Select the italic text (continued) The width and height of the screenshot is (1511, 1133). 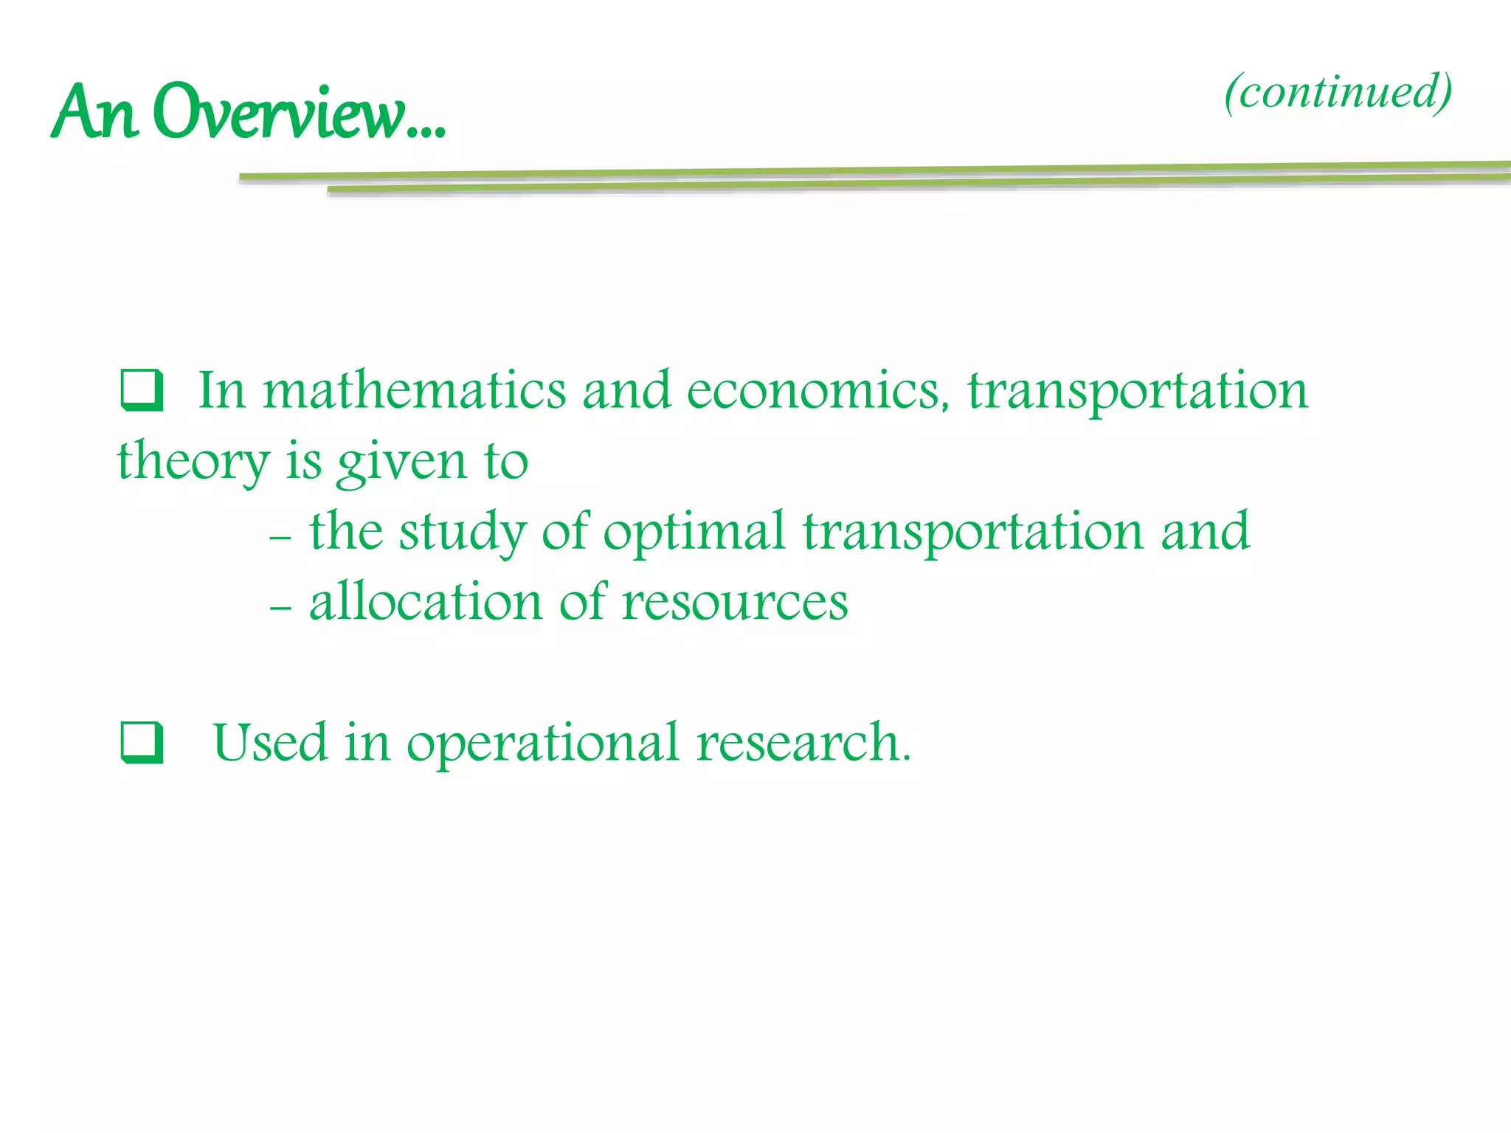[x=1338, y=92]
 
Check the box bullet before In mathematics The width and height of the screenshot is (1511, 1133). [x=141, y=390]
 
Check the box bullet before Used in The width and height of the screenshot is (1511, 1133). [x=141, y=742]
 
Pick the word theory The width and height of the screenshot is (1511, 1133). [x=193, y=461]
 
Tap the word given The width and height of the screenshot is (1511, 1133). [x=401, y=462]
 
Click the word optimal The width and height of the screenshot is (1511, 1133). [x=694, y=532]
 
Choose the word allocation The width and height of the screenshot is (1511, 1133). [x=426, y=602]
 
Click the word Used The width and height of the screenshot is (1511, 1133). [x=269, y=742]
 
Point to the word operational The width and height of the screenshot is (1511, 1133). [x=542, y=744]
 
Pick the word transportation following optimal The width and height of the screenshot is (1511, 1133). [x=972, y=532]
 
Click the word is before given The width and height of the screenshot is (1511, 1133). [x=304, y=461]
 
